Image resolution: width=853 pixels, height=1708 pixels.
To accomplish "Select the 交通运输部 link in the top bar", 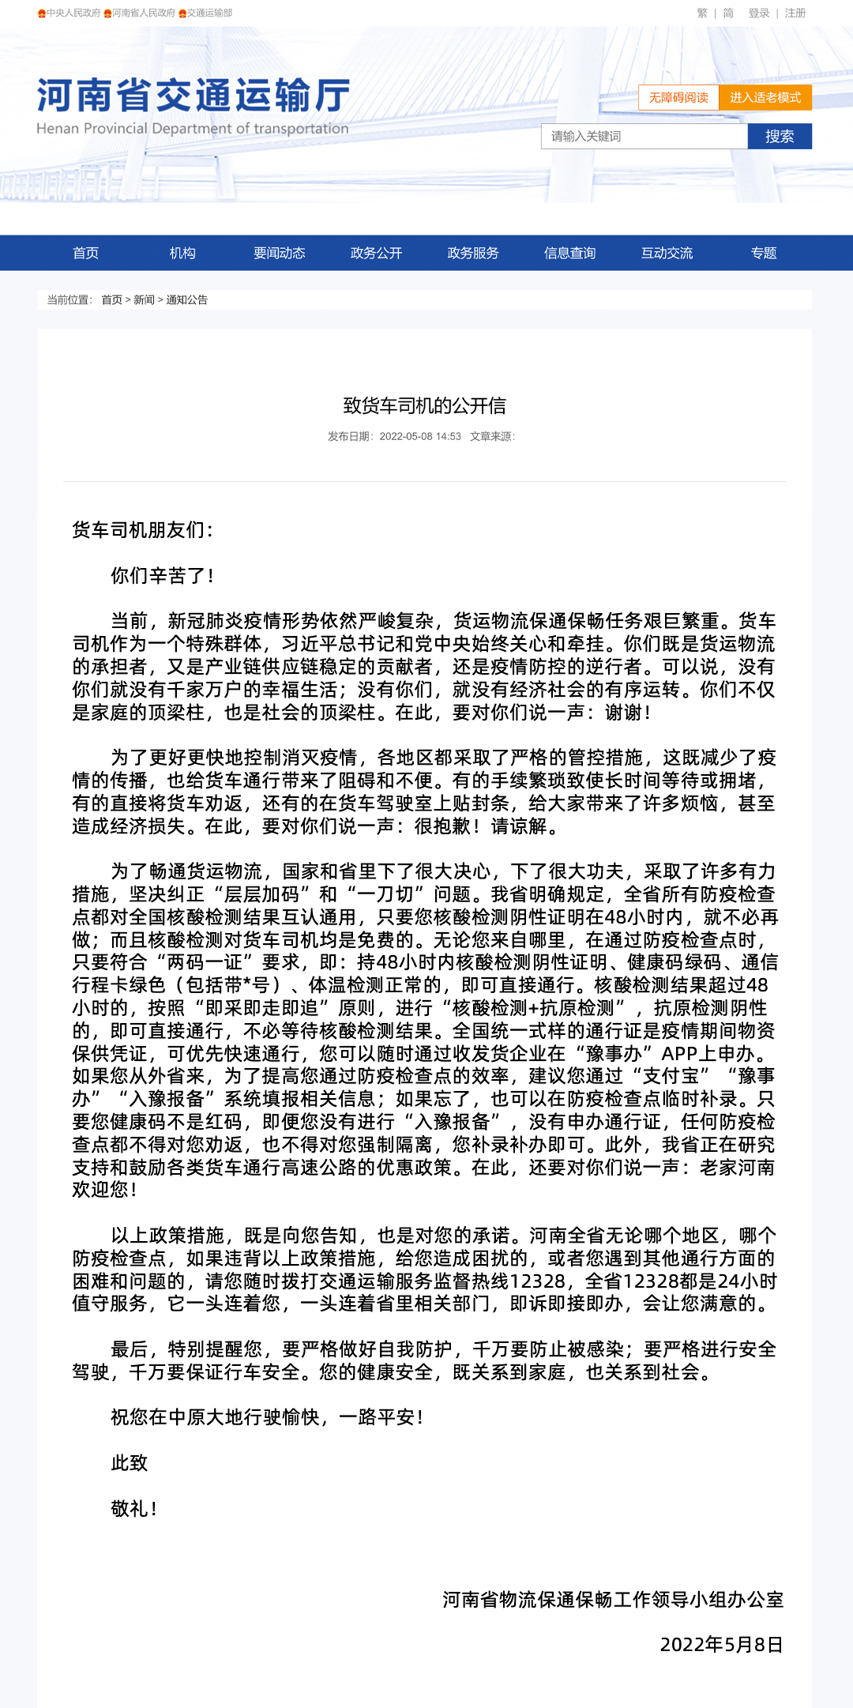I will click(x=209, y=13).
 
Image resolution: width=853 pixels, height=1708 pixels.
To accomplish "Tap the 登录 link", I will click(x=758, y=13).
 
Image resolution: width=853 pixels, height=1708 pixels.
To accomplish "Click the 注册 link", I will click(x=795, y=13).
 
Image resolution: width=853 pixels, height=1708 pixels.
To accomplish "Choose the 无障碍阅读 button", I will click(x=678, y=97).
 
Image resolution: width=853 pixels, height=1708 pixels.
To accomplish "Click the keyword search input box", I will click(x=644, y=136).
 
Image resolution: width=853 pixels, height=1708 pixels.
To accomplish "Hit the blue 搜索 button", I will click(x=780, y=136).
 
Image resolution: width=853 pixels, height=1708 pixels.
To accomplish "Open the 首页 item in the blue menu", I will click(x=85, y=253).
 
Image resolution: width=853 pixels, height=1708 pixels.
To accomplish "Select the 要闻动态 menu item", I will click(x=279, y=253).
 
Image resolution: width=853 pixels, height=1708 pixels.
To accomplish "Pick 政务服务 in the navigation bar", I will click(x=472, y=253).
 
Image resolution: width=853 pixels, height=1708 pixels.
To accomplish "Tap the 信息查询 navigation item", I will click(x=569, y=253).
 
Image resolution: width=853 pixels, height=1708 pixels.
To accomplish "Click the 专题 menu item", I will click(x=763, y=253).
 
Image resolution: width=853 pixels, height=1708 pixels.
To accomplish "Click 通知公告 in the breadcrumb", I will click(x=186, y=299).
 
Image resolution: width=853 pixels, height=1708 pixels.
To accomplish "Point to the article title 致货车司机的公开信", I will click(x=425, y=405).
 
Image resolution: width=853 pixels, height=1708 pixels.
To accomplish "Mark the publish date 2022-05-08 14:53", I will click(x=419, y=436).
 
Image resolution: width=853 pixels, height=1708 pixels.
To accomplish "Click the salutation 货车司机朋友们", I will click(x=142, y=529).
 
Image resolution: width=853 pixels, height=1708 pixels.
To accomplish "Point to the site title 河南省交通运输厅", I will click(x=194, y=96).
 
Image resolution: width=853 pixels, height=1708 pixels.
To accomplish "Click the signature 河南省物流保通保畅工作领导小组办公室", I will click(x=612, y=1599).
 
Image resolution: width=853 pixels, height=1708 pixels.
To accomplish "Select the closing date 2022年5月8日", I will click(x=720, y=1644).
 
